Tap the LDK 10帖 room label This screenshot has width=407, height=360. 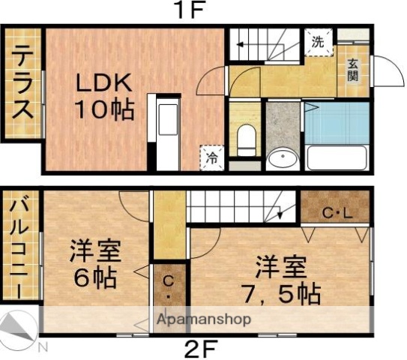[x=103, y=97]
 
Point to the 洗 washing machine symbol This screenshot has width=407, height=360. [x=318, y=43]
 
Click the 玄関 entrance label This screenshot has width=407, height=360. [x=353, y=70]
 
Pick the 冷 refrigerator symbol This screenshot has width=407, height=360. [x=213, y=158]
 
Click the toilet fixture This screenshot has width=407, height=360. [x=245, y=139]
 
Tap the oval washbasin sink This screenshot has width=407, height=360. [x=282, y=159]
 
